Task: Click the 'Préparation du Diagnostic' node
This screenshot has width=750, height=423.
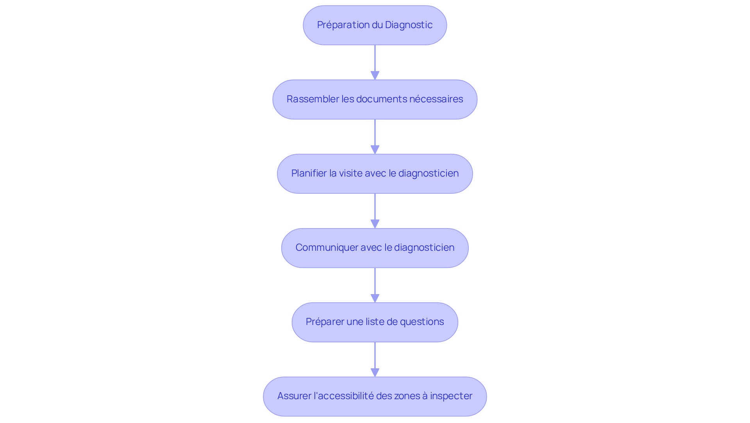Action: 375,25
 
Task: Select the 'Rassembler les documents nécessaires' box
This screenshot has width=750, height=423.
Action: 375,99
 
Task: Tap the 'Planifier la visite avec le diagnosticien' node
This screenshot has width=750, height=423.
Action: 375,173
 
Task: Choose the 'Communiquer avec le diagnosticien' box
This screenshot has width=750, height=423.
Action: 375,248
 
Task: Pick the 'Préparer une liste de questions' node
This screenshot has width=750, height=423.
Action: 375,322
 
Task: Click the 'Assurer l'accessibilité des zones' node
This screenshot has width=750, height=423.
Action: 375,396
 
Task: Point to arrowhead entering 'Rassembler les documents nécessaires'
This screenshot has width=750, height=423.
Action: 375,75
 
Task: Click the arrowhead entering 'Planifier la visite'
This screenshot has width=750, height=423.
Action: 375,150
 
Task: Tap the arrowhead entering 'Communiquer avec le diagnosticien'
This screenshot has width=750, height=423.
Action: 375,224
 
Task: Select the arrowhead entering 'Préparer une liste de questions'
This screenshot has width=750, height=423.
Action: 375,298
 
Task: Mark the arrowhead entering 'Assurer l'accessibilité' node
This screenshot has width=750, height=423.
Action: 375,372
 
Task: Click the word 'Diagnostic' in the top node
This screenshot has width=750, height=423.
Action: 409,25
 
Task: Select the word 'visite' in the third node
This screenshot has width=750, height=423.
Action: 350,173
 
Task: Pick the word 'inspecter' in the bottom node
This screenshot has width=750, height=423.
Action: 451,396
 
